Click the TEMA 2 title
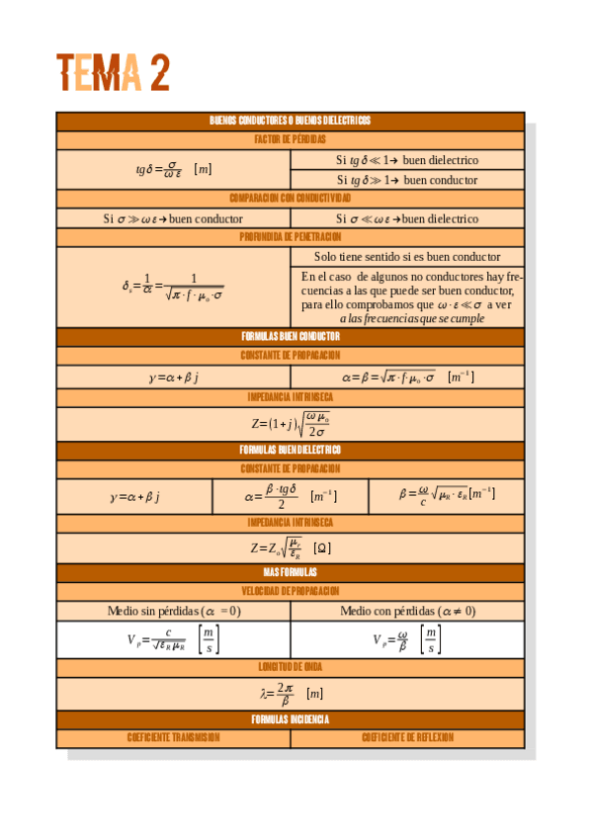point(113,72)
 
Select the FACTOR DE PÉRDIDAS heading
point(290,139)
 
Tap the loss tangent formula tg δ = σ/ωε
point(173,169)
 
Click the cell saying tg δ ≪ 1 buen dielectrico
point(407,159)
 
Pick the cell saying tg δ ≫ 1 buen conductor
point(407,180)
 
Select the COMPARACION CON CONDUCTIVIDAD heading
point(290,199)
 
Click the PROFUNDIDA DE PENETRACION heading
point(290,237)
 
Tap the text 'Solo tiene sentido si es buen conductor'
point(407,256)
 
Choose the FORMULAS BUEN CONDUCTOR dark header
point(290,336)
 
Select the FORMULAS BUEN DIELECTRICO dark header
point(290,450)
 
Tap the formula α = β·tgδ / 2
point(290,496)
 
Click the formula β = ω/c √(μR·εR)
point(446,496)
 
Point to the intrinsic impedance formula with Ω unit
point(290,547)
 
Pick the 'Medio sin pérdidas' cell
point(173,611)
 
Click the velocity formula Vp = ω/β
point(407,639)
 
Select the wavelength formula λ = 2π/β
point(290,693)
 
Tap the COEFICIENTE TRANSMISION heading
point(173,738)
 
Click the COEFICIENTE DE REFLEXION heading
point(407,738)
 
